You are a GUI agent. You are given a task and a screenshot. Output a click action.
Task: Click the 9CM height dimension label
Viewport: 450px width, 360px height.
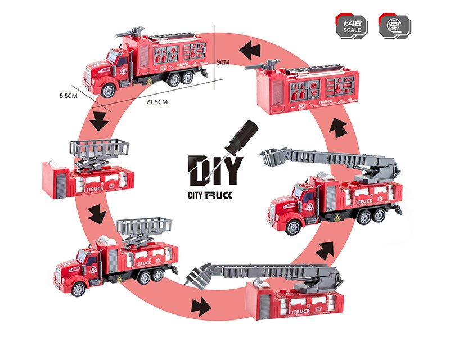(224, 62)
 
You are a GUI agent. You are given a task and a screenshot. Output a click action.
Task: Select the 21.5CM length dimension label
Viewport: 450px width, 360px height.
(157, 102)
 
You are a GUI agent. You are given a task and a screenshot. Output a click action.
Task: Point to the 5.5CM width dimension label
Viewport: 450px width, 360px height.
(68, 96)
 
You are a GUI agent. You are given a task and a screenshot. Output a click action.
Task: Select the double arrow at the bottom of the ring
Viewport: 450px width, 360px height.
(199, 307)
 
